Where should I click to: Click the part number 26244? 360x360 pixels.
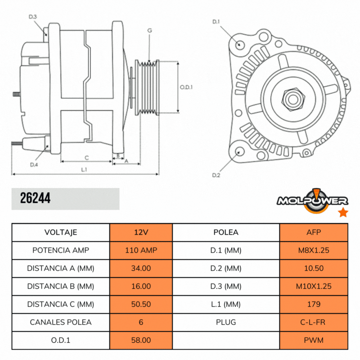[x=35, y=198]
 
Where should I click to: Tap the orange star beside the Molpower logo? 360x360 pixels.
[x=343, y=212]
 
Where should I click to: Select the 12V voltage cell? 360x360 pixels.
[x=141, y=232]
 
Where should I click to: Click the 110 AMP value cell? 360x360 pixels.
[x=141, y=250]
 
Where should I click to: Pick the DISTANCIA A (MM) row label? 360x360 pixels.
[x=61, y=268]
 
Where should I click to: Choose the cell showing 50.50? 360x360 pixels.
[x=141, y=304]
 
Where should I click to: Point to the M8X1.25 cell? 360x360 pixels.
[x=314, y=250]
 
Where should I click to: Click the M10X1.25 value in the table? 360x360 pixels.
[x=314, y=286]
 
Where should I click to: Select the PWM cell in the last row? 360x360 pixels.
[x=314, y=341]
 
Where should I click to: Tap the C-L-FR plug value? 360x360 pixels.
[x=314, y=322]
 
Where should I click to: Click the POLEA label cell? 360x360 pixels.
[x=226, y=232]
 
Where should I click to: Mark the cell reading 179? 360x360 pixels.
[x=314, y=304]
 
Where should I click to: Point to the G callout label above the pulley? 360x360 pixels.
[x=149, y=30]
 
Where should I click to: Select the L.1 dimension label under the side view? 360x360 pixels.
[x=84, y=169]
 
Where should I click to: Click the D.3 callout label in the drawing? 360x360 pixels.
[x=32, y=17]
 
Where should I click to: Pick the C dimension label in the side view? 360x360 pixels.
[x=86, y=157]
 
